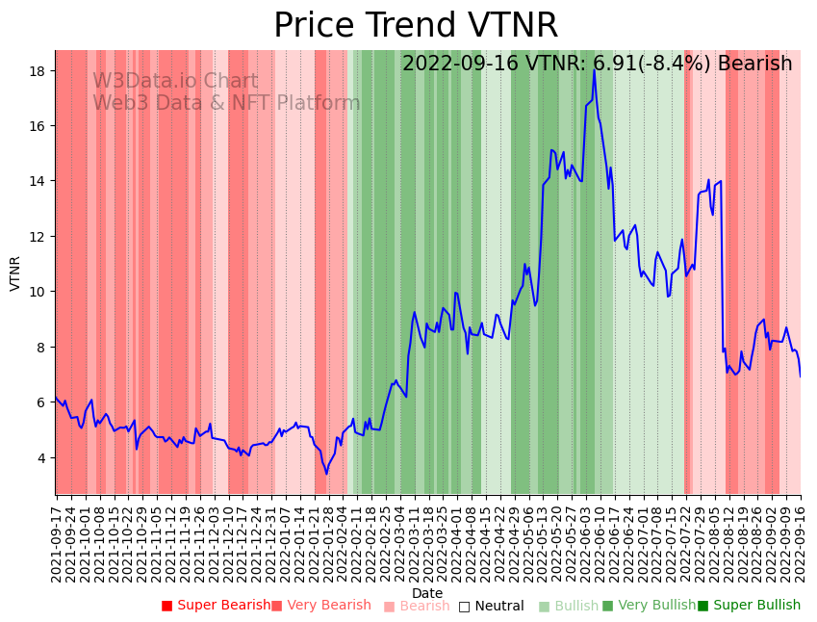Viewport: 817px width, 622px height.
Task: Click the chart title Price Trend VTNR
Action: [x=416, y=26]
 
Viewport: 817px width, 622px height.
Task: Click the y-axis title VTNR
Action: [x=15, y=272]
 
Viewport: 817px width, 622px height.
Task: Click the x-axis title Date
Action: [x=427, y=593]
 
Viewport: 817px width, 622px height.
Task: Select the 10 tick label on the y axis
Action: [x=40, y=292]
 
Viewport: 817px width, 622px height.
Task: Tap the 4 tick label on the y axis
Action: [x=44, y=457]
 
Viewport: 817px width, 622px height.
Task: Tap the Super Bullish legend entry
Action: [x=749, y=606]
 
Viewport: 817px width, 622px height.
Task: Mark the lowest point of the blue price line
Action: [x=326, y=473]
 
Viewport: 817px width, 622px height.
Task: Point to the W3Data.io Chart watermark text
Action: [x=175, y=82]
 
